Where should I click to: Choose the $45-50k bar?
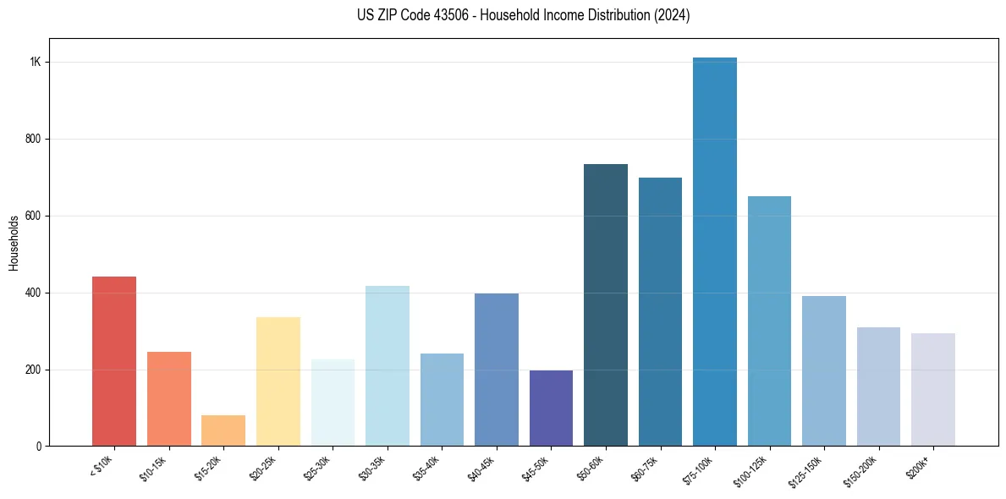tap(551, 408)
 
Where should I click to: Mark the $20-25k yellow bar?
tap(278, 381)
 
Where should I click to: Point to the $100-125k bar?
tap(769, 321)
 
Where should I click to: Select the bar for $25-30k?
tap(333, 403)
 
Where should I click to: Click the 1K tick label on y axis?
tap(36, 63)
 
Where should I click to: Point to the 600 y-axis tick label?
tap(33, 216)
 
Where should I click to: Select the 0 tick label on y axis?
tap(39, 446)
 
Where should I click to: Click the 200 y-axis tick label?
tap(33, 370)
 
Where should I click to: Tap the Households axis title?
tap(14, 242)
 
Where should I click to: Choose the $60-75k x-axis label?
tap(646, 467)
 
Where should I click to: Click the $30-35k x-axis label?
tap(373, 467)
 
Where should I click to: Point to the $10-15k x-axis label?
tap(155, 467)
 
